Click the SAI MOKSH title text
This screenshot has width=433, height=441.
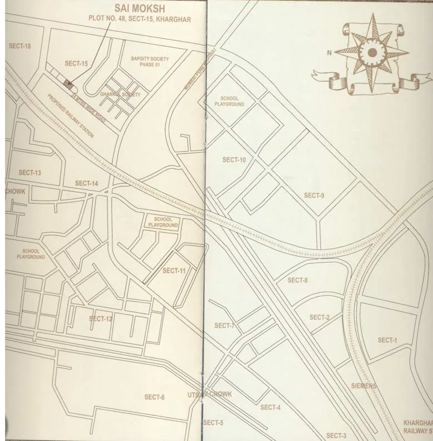click(139, 9)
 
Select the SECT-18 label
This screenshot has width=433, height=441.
click(20, 46)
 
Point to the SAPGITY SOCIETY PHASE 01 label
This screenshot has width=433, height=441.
click(149, 61)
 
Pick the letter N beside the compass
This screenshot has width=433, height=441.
click(329, 53)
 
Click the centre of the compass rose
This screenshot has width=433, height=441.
click(372, 53)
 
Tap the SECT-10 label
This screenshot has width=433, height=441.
click(234, 160)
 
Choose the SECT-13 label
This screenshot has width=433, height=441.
click(29, 173)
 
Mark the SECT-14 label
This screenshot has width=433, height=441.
click(87, 183)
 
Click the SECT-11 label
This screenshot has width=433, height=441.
click(174, 270)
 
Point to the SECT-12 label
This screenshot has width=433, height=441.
click(100, 319)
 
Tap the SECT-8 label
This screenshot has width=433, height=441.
click(297, 280)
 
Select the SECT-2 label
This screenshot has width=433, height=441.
click(319, 317)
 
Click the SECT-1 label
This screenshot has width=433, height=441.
click(387, 340)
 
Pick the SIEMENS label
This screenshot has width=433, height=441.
click(364, 385)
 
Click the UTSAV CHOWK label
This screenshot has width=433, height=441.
click(209, 394)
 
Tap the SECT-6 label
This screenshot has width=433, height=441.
click(154, 397)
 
